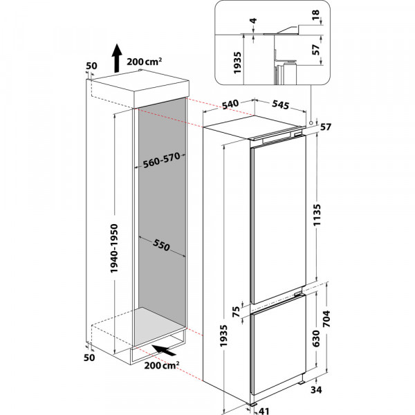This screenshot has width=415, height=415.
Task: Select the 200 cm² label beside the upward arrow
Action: click(x=145, y=62)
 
